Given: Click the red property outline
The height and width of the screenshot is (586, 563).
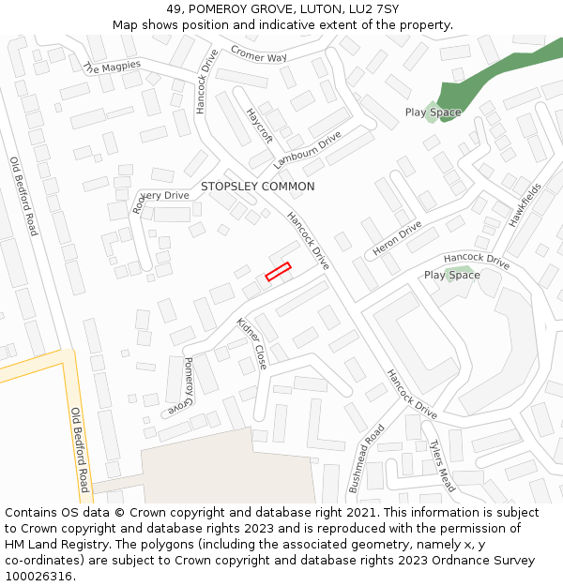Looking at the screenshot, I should tap(278, 271).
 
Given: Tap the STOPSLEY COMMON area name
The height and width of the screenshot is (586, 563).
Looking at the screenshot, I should tap(257, 187).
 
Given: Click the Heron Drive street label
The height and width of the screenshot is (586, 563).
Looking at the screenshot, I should tap(397, 239).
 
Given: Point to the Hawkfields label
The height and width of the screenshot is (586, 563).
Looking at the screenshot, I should tap(525, 205).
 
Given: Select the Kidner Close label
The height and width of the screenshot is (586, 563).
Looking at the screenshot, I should tap(251, 343).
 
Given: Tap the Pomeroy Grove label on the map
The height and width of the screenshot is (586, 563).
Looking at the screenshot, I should tap(181, 387).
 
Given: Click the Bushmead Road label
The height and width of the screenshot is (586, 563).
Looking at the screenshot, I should tap(367, 458).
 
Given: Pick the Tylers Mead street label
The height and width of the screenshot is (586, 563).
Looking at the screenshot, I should tap(442, 466).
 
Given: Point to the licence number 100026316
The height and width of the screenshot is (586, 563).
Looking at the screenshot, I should tap(38, 576).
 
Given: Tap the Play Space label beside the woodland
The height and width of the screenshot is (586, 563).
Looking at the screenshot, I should tap(433, 113).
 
